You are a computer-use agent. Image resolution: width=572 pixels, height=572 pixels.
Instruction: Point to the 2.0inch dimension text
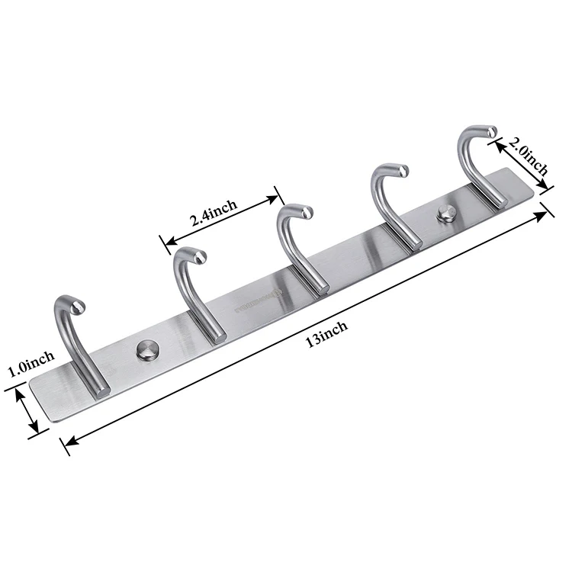[x=529, y=156]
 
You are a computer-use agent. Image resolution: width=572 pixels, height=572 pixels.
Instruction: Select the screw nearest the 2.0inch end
[x=445, y=214]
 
